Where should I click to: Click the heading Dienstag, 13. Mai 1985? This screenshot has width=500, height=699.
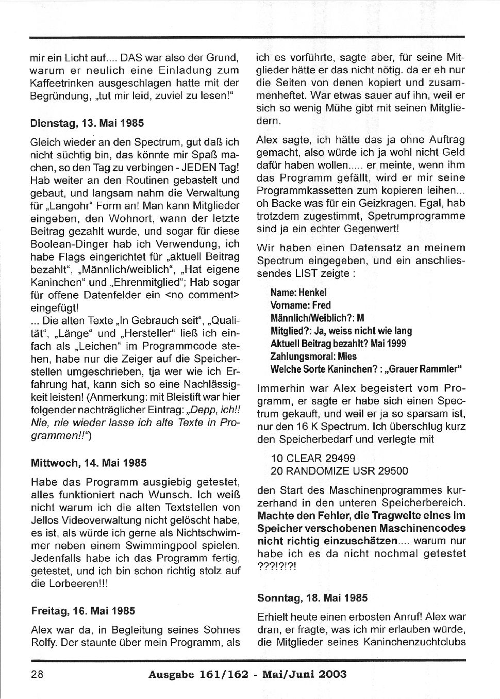coord(87,123)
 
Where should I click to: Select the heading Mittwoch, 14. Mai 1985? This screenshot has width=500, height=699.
coord(89,463)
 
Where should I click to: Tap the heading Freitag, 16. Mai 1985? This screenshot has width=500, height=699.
coord(83,611)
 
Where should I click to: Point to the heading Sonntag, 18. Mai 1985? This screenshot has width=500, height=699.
coord(312,598)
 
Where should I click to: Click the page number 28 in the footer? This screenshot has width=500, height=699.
coord(37,674)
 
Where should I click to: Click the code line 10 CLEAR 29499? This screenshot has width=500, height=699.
coord(313,458)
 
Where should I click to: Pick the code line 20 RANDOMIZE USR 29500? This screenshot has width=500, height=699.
coord(339,470)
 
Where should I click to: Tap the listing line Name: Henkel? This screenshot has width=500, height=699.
coord(298,292)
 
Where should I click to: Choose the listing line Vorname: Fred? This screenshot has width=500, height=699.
coord(301,305)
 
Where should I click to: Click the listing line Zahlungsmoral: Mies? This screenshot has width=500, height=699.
coord(313,356)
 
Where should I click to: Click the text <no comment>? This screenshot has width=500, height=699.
coord(202,295)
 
